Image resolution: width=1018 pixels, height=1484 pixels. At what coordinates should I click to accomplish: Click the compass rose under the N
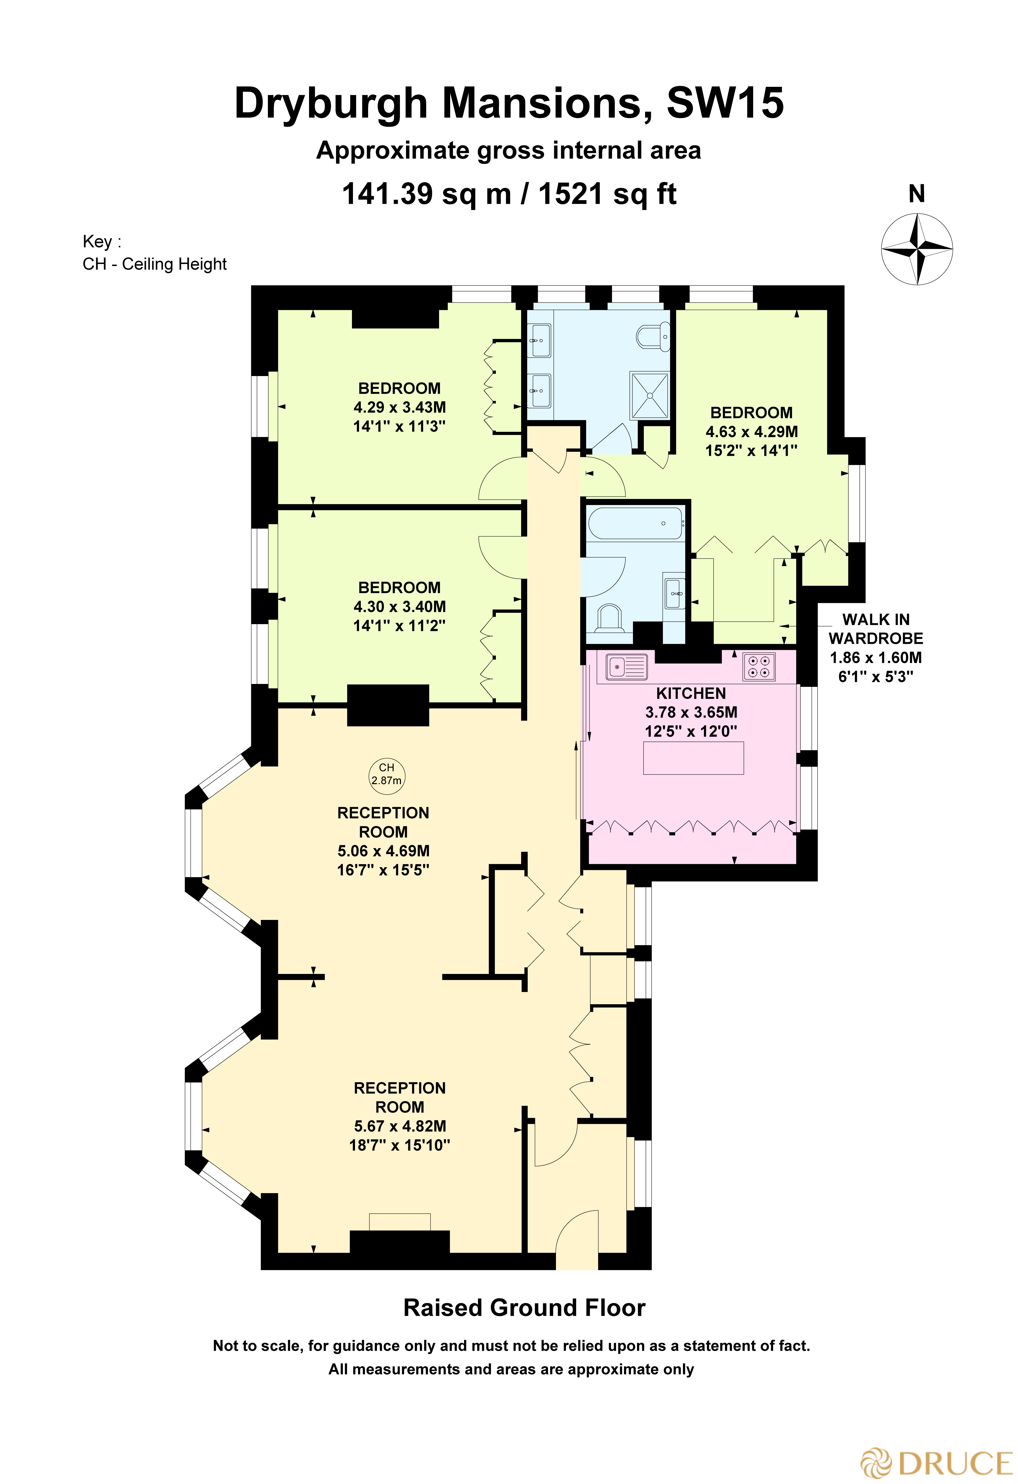coord(917,249)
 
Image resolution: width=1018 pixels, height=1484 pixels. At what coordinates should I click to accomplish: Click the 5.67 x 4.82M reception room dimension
coord(400,1126)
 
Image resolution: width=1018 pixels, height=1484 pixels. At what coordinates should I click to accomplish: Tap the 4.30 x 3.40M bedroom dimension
coord(400,607)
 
